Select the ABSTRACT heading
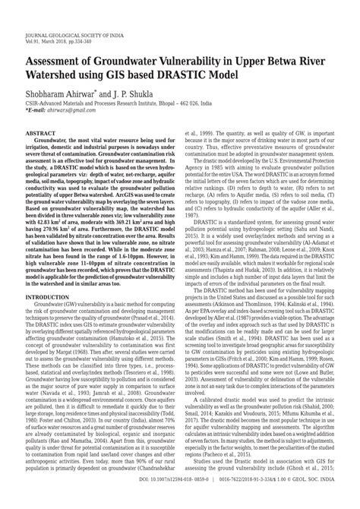tap(39, 132)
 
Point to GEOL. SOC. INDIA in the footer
tap(313, 501)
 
